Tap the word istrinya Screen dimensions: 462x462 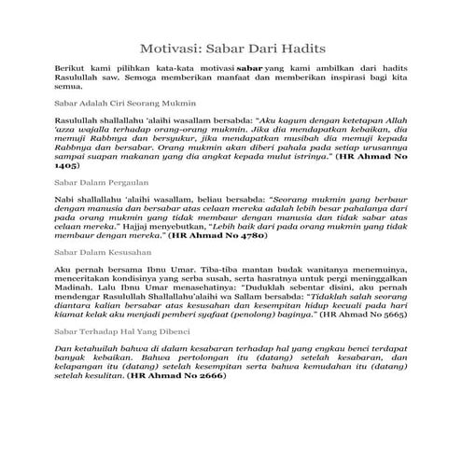point(311,164)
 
